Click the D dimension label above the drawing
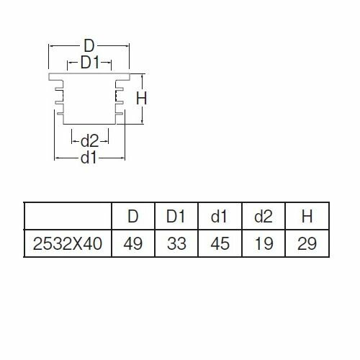[89, 46]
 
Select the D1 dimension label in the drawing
[90, 63]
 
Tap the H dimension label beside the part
[141, 99]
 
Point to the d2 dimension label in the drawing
[89, 141]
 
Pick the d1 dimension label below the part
[89, 158]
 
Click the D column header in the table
[133, 216]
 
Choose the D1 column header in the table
[176, 216]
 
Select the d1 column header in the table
[220, 216]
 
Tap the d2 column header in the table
[264, 216]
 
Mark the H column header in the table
[307, 216]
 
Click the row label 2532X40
[68, 243]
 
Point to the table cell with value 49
[133, 243]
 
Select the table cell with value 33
[176, 243]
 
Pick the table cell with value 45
[220, 243]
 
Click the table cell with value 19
[264, 243]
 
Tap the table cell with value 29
[307, 243]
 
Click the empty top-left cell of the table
[68, 216]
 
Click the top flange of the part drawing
[89, 76]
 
